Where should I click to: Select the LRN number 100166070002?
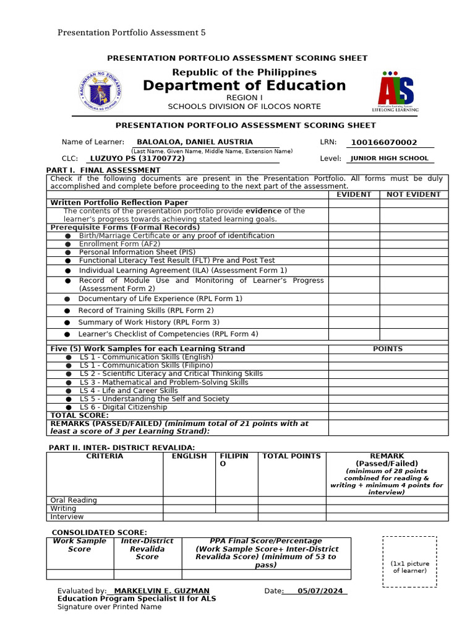pos(383,142)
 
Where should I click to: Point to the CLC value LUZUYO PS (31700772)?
pos(137,158)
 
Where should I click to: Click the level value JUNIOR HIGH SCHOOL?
pos(389,158)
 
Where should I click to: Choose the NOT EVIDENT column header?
pos(413,194)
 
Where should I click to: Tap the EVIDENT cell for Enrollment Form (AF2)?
pos(354,244)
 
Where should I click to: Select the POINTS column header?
pos(388,349)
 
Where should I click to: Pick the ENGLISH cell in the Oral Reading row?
pos(189,500)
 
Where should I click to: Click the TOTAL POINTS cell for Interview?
pos(291,517)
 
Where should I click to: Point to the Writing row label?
pos(63,508)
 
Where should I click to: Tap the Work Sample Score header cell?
pos(80,545)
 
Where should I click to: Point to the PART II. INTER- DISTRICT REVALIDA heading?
pos(122,448)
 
